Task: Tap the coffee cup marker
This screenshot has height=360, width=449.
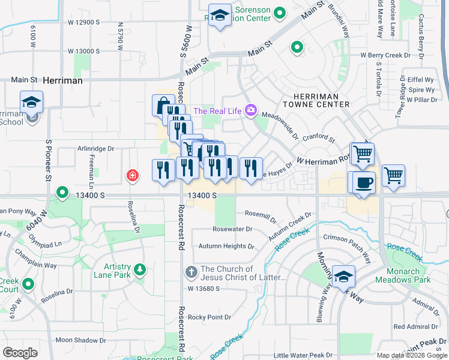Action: pyautogui.click(x=364, y=183)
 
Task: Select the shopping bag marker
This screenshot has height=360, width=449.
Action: pyautogui.click(x=163, y=106)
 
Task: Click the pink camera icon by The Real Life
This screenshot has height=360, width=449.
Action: pyautogui.click(x=251, y=110)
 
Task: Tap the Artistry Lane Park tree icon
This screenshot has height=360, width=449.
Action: pyautogui.click(x=140, y=270)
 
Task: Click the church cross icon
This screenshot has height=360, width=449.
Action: pyautogui.click(x=191, y=272)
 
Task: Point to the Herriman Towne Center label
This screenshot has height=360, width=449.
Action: pyautogui.click(x=321, y=100)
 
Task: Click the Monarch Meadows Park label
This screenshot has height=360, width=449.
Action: pyautogui.click(x=403, y=276)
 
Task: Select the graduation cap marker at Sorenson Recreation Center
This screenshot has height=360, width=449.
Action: pyautogui.click(x=220, y=16)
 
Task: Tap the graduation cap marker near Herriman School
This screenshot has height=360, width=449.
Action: pyautogui.click(x=31, y=102)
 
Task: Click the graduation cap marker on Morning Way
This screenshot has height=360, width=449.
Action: pyautogui.click(x=343, y=277)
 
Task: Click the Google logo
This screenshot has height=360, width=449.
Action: pyautogui.click(x=20, y=353)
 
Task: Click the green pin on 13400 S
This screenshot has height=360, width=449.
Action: pyautogui.click(x=62, y=193)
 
